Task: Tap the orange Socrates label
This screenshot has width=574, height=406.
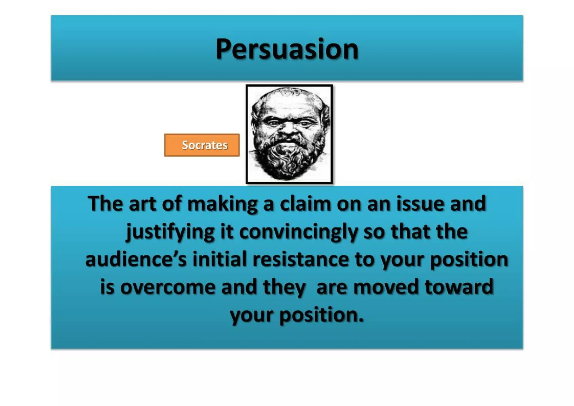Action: [202, 145]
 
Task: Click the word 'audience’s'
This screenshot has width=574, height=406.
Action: [136, 259]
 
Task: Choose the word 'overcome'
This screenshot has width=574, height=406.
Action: [168, 287]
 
